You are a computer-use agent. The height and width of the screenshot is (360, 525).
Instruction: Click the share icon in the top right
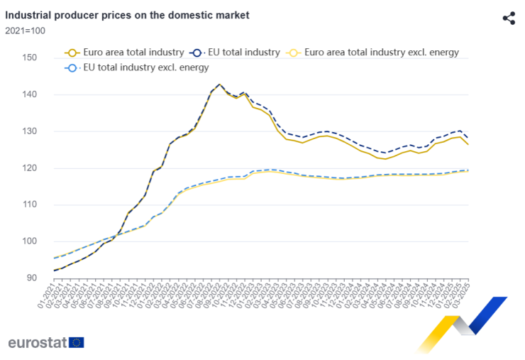pos(508,18)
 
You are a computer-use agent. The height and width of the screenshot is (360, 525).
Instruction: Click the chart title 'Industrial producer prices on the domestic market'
pos(127,14)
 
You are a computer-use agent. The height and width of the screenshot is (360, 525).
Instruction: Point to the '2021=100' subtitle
pos(25,31)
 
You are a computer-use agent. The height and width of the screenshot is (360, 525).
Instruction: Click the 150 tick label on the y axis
pos(28,58)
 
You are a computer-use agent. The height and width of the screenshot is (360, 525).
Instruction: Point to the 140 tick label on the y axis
pos(28,94)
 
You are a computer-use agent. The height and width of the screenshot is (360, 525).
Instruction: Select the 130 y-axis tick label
pos(28,131)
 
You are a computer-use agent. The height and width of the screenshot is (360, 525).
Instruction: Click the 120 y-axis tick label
pos(28,168)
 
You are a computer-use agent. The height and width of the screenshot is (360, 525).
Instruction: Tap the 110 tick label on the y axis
pos(28,204)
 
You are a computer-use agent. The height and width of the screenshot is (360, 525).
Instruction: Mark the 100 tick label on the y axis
pos(28,241)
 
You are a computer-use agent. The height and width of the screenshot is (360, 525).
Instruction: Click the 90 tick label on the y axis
pos(31,278)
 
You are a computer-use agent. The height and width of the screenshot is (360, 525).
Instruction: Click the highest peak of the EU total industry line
pos(219,84)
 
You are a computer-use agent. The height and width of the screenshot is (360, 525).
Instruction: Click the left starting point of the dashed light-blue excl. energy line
pos(55,258)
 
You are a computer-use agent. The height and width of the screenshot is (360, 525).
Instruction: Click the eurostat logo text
pos(37,342)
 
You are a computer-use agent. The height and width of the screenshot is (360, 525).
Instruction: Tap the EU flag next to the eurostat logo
pos(77,342)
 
